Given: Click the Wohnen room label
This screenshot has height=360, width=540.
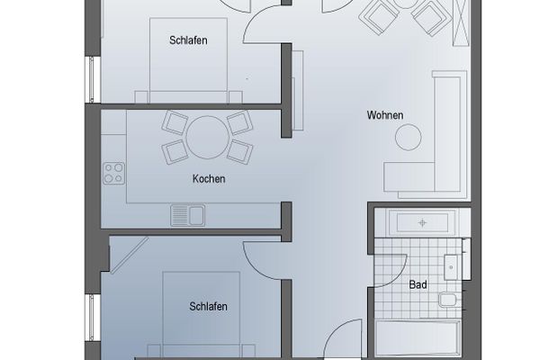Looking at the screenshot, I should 384,114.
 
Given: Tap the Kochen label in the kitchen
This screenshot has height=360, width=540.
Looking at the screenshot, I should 208,178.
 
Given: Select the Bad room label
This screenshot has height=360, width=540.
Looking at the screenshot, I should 418,285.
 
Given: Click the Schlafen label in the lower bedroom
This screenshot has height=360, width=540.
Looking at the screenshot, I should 208,306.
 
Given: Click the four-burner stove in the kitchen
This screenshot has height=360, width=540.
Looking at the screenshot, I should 113,172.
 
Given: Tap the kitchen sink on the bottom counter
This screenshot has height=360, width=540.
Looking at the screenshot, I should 188,214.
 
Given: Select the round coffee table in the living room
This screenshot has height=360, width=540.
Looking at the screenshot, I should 410,137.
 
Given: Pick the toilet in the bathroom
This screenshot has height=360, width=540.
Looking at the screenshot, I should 445,298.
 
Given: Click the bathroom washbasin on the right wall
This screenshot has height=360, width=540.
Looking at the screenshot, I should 452,265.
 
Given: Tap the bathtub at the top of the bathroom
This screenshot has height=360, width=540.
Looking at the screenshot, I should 421,221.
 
